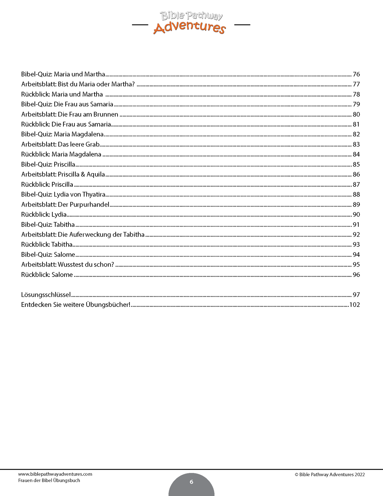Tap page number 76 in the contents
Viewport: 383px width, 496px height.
point(356,74)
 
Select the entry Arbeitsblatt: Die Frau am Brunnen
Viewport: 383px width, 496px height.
point(70,114)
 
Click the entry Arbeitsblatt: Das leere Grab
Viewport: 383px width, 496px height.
point(60,144)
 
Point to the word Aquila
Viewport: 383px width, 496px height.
point(96,175)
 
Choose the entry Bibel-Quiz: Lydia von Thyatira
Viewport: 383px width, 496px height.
point(63,194)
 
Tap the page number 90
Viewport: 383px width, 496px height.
point(356,215)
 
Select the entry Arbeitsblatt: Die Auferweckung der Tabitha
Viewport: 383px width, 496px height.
point(83,234)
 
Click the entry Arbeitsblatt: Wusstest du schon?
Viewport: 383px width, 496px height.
point(68,264)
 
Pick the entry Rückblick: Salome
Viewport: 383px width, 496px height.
point(47,275)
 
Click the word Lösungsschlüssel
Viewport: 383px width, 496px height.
point(46,295)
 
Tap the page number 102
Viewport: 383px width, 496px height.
point(354,304)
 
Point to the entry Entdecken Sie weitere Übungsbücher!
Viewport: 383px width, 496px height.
point(76,304)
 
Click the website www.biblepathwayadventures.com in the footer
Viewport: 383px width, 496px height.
point(55,474)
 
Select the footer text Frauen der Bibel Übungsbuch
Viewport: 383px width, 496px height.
point(49,480)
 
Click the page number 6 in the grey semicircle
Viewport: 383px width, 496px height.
point(191,482)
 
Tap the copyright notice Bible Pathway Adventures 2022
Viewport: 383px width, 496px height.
point(330,475)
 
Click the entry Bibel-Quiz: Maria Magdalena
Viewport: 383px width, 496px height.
point(62,134)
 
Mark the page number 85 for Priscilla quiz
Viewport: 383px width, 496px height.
point(356,164)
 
